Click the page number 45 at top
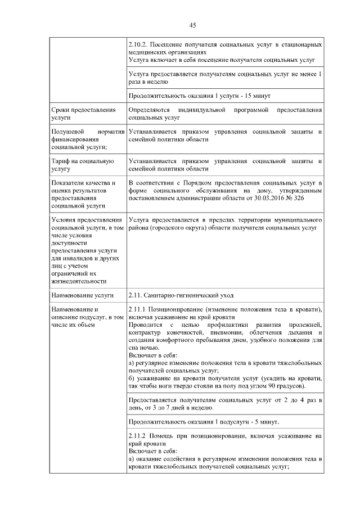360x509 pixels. pyautogui.click(x=192, y=25)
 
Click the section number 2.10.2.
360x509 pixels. pyautogui.click(x=138, y=44)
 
